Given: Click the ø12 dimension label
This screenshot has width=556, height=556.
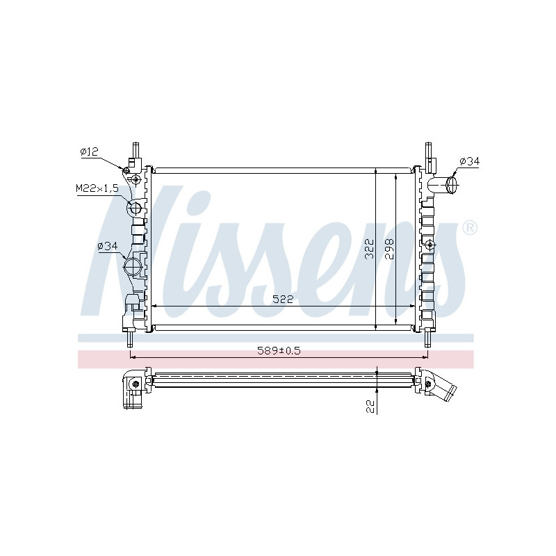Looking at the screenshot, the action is [x=89, y=152].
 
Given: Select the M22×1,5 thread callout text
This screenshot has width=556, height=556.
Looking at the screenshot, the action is [x=97, y=188].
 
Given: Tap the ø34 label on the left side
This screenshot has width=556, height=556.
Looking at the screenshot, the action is [x=108, y=246].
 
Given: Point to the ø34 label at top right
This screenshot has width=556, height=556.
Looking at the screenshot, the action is [x=470, y=161].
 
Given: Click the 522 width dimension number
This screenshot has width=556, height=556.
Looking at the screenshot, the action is [x=283, y=300].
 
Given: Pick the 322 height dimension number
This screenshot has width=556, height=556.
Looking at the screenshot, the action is [x=370, y=249].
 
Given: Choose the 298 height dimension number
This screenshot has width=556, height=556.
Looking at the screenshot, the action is [x=389, y=249].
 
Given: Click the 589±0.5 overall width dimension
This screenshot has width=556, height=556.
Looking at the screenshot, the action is [x=279, y=351].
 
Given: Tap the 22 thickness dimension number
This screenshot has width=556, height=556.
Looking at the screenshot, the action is [x=370, y=407].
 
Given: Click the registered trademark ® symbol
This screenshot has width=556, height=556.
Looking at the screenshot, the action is [x=470, y=228].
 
